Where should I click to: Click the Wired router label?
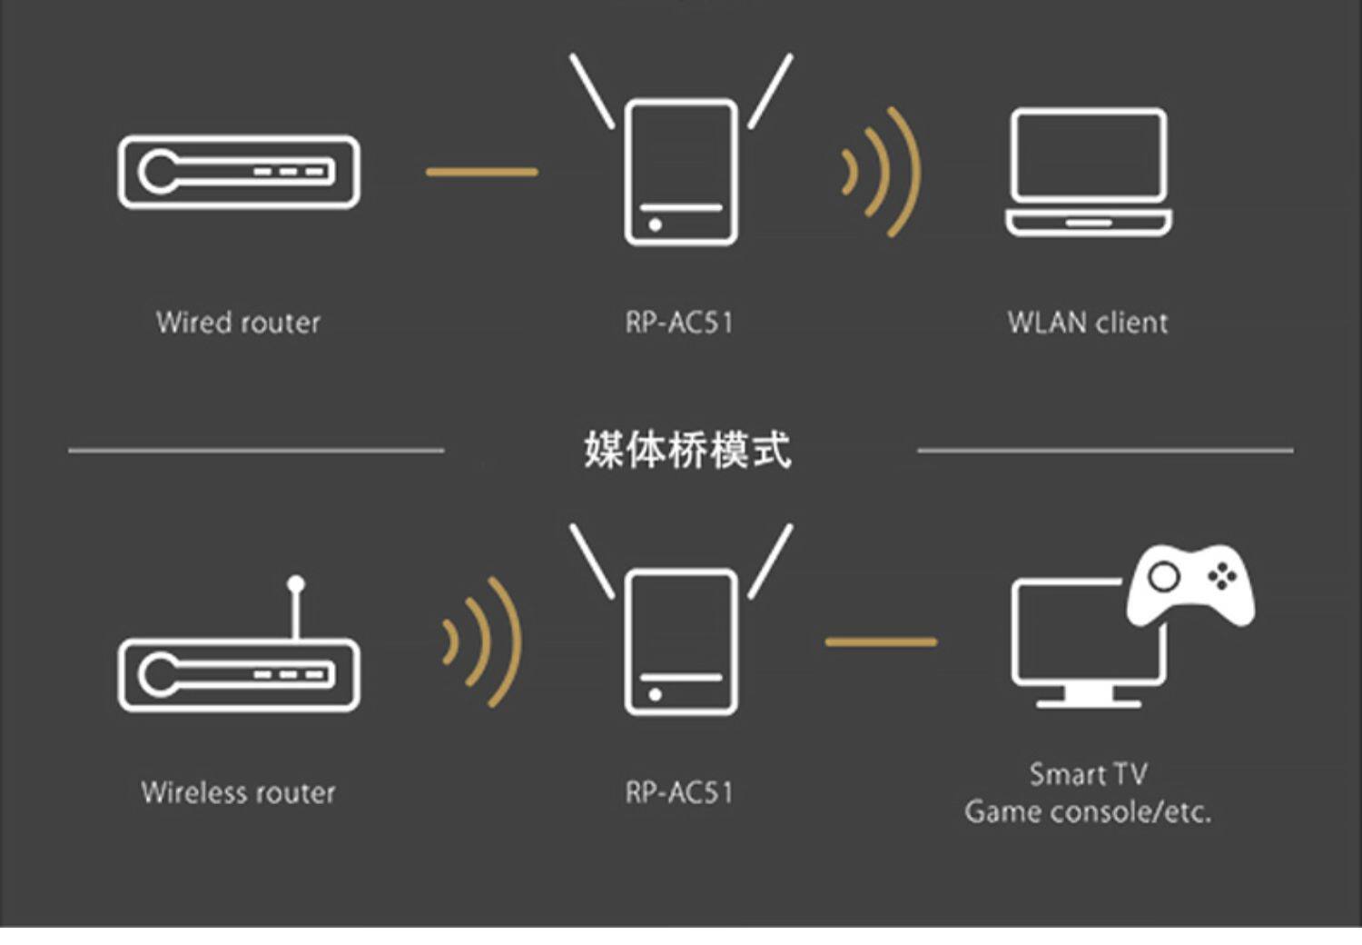point(238,323)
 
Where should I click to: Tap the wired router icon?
point(239,172)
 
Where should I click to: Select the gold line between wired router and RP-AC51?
point(481,171)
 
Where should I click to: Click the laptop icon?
point(1088,172)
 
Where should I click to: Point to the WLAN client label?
point(1087,323)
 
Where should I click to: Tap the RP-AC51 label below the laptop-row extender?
point(679,323)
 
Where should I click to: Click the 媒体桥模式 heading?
point(686,450)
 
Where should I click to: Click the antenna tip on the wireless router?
point(296,582)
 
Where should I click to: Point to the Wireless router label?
point(238,792)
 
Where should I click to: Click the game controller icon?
point(1190,585)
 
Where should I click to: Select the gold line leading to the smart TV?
point(880,642)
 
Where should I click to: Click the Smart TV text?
point(1088,774)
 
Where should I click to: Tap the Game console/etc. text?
point(1088,811)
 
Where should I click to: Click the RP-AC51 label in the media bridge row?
point(679,792)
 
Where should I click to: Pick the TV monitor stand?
point(1089,698)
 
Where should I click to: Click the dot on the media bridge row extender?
point(655,695)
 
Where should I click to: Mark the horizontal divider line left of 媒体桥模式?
point(256,450)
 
